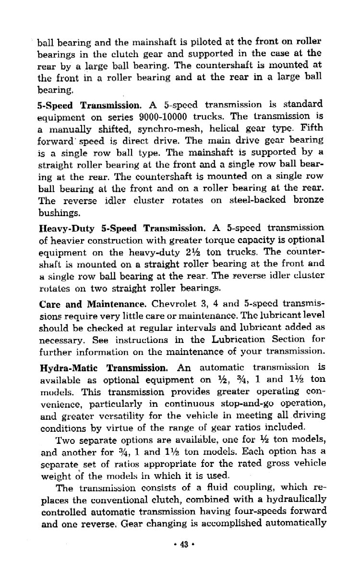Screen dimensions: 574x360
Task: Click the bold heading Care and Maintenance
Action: [92, 304]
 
